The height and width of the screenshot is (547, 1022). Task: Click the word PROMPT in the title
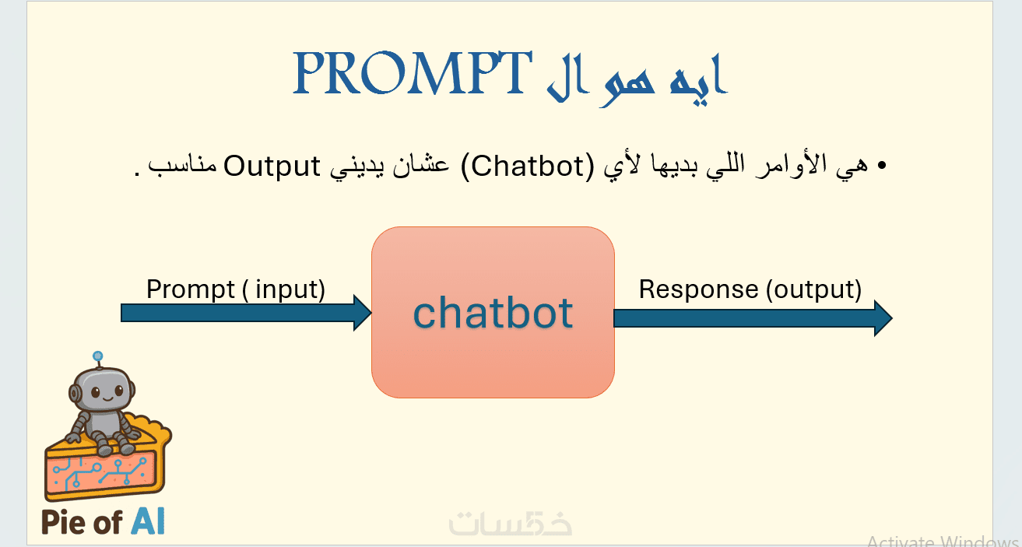[412, 73]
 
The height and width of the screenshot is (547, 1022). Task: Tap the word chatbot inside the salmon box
[493, 313]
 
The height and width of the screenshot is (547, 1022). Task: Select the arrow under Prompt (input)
[247, 313]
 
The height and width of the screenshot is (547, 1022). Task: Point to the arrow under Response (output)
[753, 318]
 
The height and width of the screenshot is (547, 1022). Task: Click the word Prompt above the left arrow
[190, 289]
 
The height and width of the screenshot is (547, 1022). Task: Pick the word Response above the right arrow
[698, 289]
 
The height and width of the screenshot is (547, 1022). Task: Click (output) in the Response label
[814, 289]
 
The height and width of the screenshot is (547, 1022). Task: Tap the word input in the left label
[286, 289]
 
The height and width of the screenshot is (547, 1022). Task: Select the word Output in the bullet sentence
[272, 166]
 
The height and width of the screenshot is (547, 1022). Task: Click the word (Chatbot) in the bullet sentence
[528, 166]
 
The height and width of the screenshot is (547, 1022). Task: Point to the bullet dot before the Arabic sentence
[881, 165]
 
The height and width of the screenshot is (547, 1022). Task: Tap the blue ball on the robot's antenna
[97, 356]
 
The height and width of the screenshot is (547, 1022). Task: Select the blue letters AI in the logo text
[148, 522]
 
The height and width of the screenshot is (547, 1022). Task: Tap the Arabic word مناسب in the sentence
[182, 164]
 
